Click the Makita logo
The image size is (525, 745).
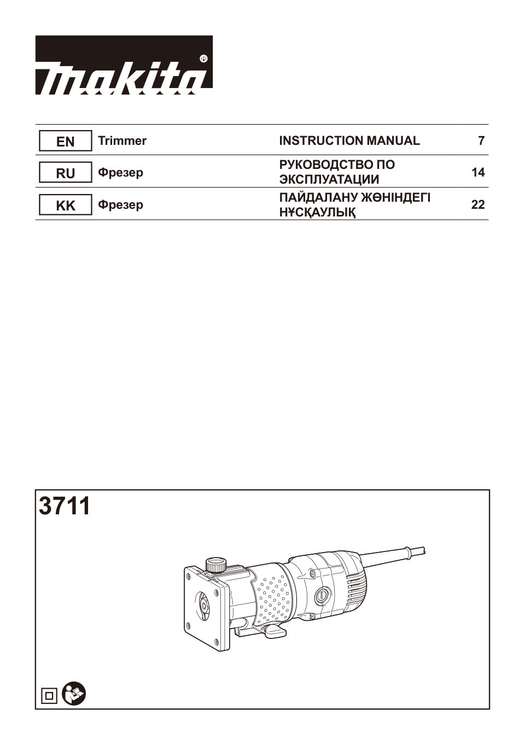tap(124, 65)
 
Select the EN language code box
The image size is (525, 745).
tap(65, 142)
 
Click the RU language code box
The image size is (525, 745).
tap(65, 173)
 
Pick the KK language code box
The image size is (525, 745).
tap(65, 206)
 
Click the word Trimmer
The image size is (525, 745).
tap(122, 141)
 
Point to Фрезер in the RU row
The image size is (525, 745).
tap(120, 173)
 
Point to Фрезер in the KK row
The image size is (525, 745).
tap(120, 205)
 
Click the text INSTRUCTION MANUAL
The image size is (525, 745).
tap(349, 141)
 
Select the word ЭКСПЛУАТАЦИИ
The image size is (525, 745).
tap(329, 180)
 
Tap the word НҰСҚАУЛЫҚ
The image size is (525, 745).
tap(317, 213)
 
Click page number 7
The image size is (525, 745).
tap(481, 141)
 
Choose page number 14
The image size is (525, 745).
tap(478, 173)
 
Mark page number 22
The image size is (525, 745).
tap(478, 205)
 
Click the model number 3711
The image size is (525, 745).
tap(65, 506)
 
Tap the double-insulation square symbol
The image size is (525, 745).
tap(49, 696)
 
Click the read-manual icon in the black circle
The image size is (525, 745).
tap(74, 694)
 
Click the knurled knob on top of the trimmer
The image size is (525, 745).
tap(216, 564)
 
